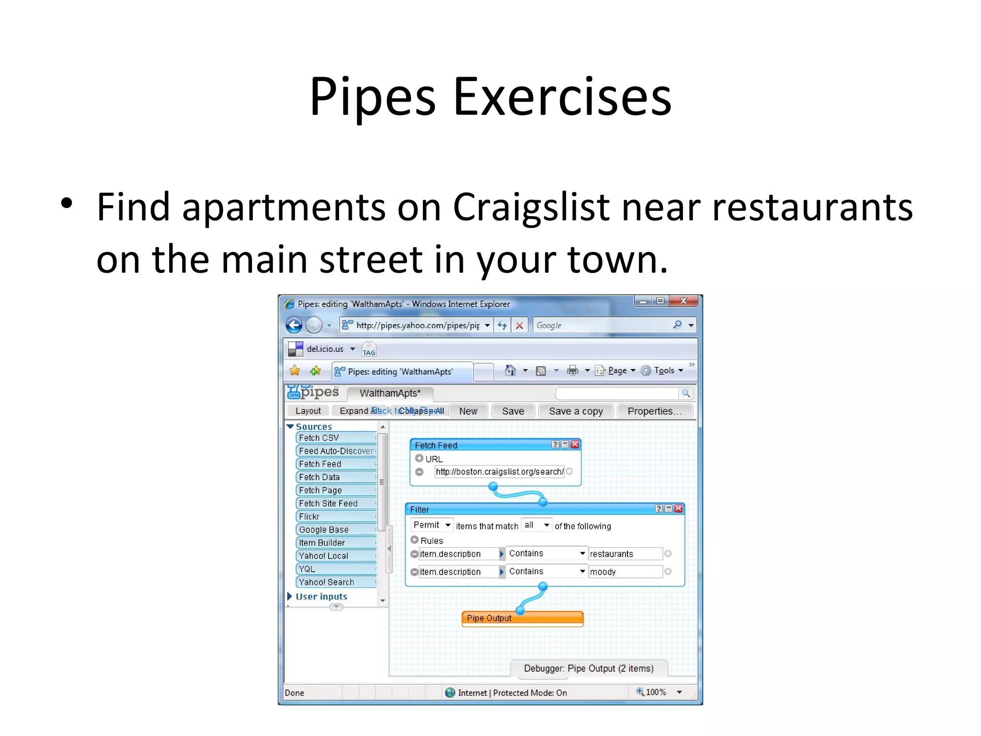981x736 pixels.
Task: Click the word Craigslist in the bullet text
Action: (x=531, y=207)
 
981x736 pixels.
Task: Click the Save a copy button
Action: (x=575, y=411)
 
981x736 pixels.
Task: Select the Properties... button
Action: (x=654, y=411)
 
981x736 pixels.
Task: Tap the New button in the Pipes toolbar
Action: (x=468, y=411)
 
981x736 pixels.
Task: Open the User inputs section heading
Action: (x=321, y=597)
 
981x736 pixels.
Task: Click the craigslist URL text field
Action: (x=499, y=472)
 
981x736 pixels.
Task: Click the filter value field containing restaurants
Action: (x=625, y=554)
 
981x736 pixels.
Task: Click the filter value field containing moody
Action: (x=625, y=572)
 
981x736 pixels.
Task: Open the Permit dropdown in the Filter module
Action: (x=432, y=525)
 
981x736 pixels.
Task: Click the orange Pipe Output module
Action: (x=522, y=618)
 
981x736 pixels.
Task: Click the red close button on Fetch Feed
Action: (x=575, y=445)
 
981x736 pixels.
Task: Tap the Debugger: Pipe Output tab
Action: (x=588, y=668)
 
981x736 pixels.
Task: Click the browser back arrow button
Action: (x=294, y=325)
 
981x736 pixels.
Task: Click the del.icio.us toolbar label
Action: (x=325, y=349)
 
